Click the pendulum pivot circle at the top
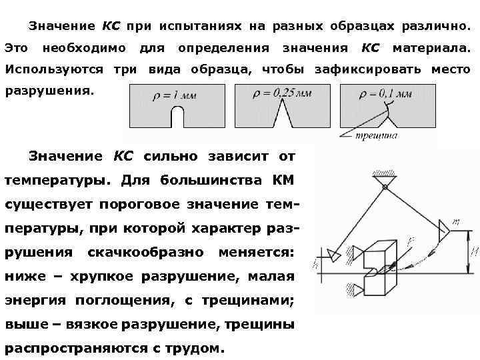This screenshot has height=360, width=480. click(x=385, y=188)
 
